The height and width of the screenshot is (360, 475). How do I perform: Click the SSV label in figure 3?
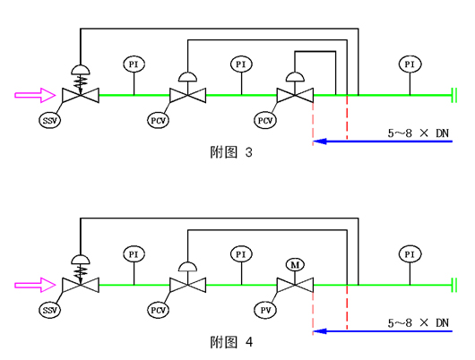tap(50, 121)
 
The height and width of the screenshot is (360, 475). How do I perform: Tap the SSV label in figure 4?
tap(50, 311)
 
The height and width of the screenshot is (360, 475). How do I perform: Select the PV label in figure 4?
tap(265, 311)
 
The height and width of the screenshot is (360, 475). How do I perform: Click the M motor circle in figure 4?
tap(295, 265)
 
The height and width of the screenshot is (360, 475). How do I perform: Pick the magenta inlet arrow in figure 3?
tap(35, 96)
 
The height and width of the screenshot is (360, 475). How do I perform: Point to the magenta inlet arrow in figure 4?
tap(35, 285)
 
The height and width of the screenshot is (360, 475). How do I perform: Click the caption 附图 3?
tap(231, 152)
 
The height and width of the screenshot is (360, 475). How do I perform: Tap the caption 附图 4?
tap(231, 342)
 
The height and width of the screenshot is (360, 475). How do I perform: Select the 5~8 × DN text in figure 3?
tap(418, 133)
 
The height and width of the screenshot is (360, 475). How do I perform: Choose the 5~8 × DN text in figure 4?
tap(418, 323)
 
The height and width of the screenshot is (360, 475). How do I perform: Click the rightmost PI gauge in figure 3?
tap(410, 64)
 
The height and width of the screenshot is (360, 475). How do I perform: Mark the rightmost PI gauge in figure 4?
tap(410, 254)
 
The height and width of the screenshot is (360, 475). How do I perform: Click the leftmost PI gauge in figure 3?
tap(134, 64)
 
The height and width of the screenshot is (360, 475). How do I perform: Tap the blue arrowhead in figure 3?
tap(320, 141)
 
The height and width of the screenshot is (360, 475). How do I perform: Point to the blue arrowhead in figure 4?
tap(320, 331)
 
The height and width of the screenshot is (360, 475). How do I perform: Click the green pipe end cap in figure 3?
tap(453, 96)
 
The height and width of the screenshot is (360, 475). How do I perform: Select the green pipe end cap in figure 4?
tap(453, 285)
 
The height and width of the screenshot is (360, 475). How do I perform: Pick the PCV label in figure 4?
tap(158, 311)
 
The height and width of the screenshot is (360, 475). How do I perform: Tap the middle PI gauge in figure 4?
tap(241, 254)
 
